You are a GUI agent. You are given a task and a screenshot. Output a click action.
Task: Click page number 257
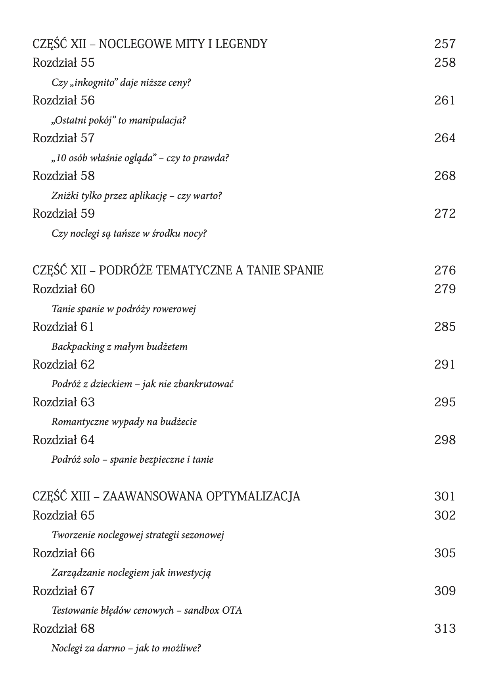click(445, 44)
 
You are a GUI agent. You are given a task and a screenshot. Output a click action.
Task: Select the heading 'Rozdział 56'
click(63, 100)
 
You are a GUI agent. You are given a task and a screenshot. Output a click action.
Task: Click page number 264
click(445, 138)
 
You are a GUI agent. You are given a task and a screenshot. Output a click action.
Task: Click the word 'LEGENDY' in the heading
click(242, 44)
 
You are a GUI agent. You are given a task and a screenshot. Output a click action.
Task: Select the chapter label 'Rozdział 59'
click(63, 214)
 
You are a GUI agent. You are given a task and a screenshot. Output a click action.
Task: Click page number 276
click(445, 270)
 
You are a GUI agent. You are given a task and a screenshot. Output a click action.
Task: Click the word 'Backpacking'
click(78, 347)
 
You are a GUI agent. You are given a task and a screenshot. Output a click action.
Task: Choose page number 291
click(445, 365)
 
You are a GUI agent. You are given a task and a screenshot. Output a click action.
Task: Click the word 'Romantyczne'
click(77, 422)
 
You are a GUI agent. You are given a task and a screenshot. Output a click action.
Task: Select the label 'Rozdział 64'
click(63, 440)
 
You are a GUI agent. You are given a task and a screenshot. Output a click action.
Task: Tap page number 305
click(445, 553)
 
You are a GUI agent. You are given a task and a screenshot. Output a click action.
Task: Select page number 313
click(445, 629)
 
